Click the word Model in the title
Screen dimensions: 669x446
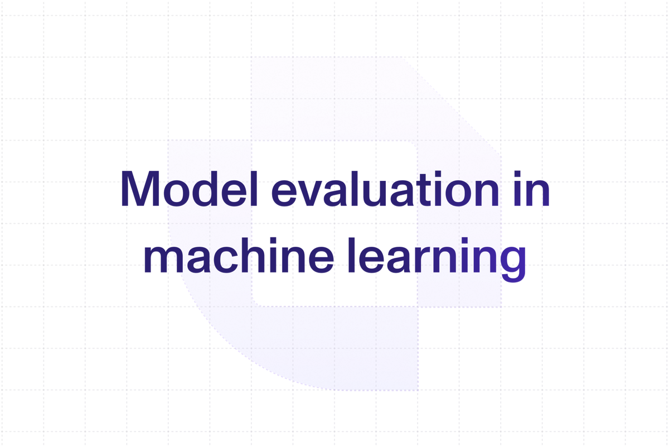(189, 189)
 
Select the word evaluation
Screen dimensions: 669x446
(385, 189)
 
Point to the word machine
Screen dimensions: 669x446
(239, 256)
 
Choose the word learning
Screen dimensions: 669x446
(437, 259)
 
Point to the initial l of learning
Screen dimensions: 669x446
(352, 256)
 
